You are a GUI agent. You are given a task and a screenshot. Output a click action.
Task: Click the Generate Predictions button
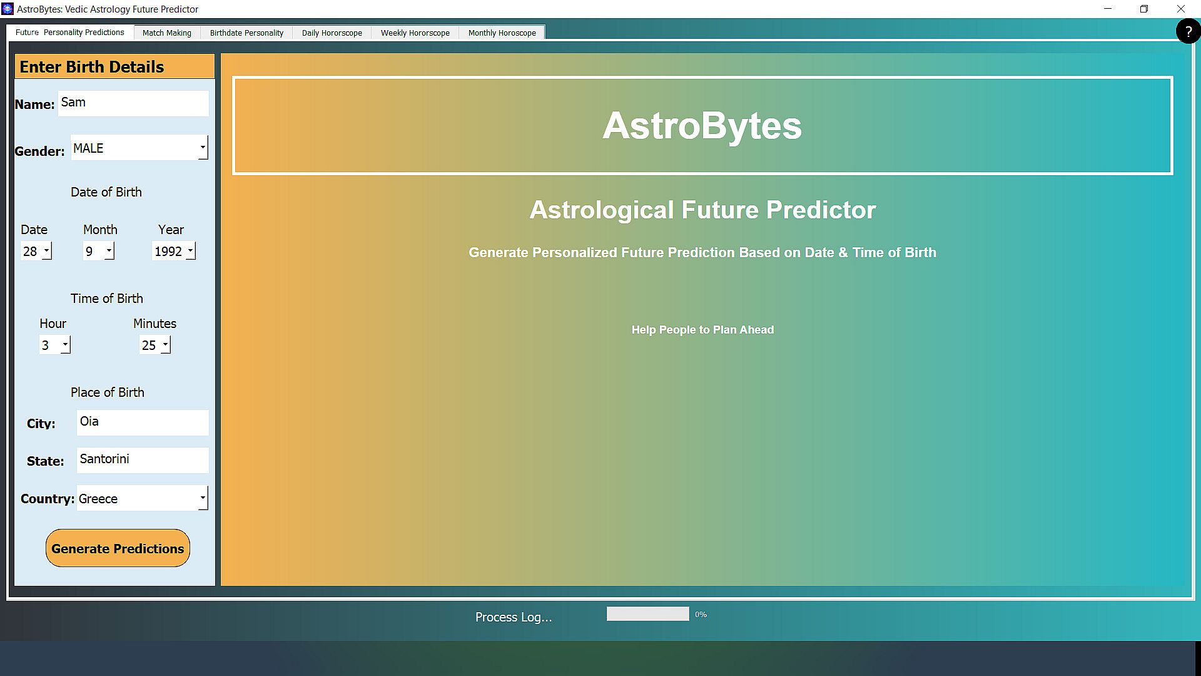[x=118, y=548]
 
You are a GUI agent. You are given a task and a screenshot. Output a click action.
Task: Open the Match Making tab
[x=167, y=33]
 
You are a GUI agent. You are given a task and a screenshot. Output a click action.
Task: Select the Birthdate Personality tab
[x=246, y=33]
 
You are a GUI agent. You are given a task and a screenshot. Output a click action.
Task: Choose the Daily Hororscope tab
[x=332, y=33]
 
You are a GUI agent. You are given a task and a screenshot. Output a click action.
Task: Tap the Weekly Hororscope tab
[x=415, y=33]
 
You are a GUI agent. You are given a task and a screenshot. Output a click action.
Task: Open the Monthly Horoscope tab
[x=502, y=33]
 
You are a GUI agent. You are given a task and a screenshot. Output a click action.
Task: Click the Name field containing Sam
[x=134, y=103]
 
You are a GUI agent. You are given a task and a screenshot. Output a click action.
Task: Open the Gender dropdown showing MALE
[x=139, y=148]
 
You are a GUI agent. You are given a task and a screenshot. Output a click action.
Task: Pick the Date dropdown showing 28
[x=36, y=251]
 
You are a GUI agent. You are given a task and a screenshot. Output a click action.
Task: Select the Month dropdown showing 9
[x=99, y=251]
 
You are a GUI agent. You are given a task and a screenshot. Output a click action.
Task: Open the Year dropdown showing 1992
[x=174, y=251]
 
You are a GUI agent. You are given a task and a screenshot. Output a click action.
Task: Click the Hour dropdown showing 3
[x=55, y=345]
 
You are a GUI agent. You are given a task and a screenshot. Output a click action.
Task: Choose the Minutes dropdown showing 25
[x=155, y=345]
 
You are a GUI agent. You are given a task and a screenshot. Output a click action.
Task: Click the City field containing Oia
[x=143, y=422]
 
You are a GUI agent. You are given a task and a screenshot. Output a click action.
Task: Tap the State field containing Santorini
[x=143, y=460]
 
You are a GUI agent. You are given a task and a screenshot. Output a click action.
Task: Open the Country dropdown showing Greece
[x=143, y=498]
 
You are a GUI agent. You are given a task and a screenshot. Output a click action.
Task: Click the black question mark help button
[x=1188, y=31]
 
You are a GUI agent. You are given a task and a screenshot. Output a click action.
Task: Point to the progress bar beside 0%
[x=648, y=614]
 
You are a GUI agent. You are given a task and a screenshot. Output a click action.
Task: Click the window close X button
[x=1181, y=9]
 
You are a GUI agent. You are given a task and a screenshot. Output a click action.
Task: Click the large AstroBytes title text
[x=702, y=125]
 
